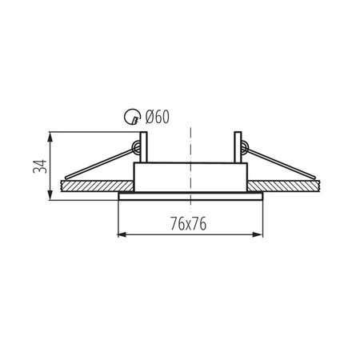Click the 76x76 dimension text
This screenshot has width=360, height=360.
coord(190,225)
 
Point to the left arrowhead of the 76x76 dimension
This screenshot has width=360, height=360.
coord(121,234)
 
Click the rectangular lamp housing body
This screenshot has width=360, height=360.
coord(190,178)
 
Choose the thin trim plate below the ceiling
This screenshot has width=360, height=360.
coord(190,195)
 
